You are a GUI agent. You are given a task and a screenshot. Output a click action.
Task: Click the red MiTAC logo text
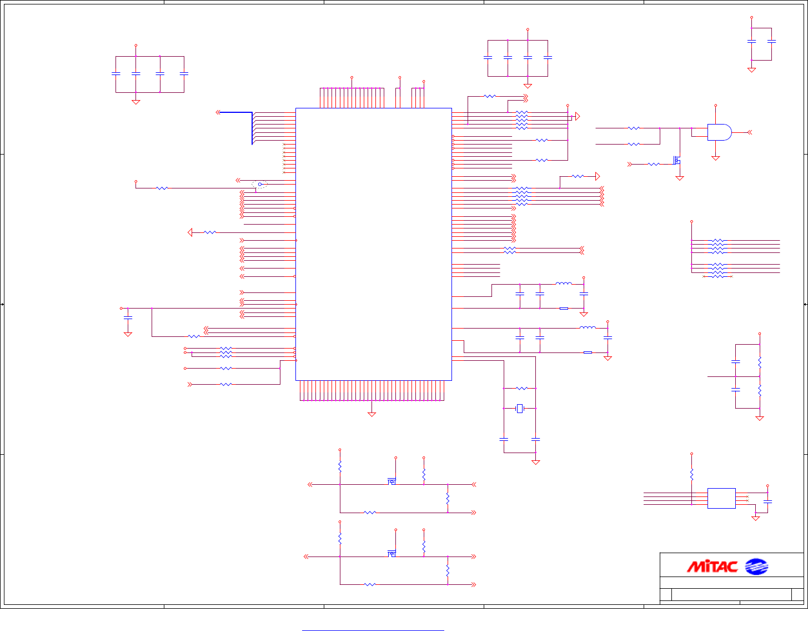(712, 567)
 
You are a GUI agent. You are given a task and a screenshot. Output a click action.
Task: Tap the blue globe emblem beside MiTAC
(756, 567)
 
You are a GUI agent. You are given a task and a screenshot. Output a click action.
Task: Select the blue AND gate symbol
(719, 132)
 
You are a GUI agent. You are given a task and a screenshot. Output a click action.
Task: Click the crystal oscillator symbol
(520, 409)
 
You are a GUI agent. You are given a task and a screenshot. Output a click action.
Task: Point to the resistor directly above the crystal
(521, 388)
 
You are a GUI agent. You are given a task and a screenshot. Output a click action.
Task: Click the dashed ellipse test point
(259, 184)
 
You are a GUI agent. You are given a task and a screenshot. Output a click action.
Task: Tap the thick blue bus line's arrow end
(218, 112)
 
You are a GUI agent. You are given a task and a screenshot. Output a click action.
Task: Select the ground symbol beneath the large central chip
(372, 414)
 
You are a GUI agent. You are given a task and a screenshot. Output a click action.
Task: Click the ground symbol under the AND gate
(715, 158)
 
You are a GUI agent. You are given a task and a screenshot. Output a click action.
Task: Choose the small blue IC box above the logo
(721, 498)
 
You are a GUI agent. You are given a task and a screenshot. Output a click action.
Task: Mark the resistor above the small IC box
(691, 474)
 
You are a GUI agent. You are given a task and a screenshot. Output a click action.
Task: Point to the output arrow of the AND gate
(749, 132)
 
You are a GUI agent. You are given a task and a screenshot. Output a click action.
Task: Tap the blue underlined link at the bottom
(373, 630)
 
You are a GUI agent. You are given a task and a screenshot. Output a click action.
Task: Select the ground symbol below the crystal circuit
(535, 461)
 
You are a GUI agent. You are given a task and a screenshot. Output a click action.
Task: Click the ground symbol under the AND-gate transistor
(679, 178)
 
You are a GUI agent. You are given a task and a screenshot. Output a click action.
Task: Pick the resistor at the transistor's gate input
(654, 164)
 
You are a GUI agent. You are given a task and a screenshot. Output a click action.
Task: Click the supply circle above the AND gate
(715, 105)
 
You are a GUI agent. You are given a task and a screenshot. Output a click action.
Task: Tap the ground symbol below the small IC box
(755, 518)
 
